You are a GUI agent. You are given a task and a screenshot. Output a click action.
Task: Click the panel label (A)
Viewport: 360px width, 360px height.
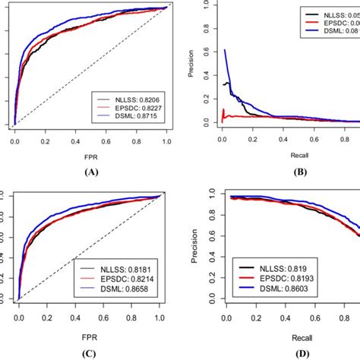[x=92, y=172]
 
